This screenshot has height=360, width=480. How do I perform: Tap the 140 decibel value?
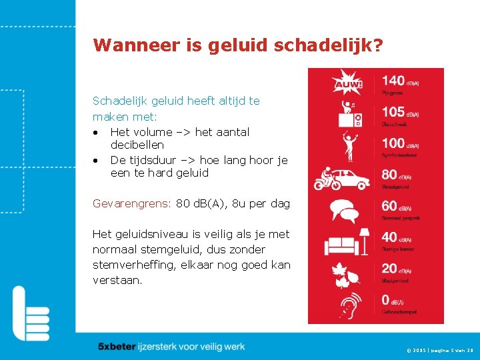[393, 81]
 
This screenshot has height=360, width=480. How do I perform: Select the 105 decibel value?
[393, 112]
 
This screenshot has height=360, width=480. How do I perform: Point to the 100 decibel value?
[393, 143]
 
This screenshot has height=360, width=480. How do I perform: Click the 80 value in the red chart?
[389, 175]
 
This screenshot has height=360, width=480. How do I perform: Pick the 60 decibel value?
[389, 206]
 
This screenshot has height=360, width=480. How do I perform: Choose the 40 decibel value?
[389, 237]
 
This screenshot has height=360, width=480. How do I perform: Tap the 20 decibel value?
[389, 269]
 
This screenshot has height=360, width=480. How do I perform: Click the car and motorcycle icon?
[346, 179]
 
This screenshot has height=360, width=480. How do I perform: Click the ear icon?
[347, 305]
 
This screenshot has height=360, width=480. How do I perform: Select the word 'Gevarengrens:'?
[132, 203]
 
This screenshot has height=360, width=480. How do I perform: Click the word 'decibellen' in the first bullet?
[137, 145]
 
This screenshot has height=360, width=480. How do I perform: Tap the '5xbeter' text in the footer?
[117, 347]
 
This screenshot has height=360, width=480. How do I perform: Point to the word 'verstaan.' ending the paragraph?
[117, 280]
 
